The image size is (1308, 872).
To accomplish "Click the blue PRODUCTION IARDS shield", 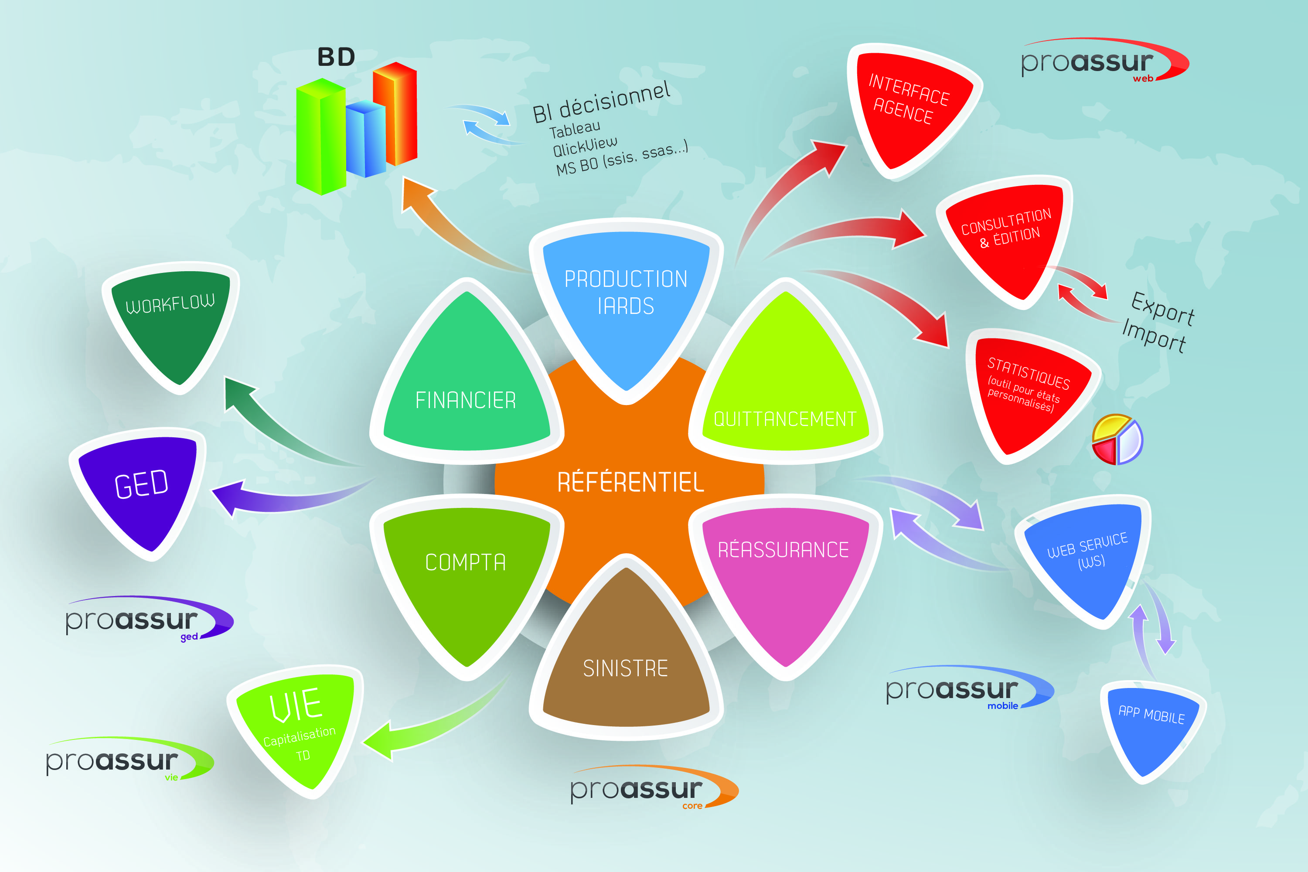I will coord(626,300).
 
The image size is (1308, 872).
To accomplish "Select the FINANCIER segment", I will coord(466,389).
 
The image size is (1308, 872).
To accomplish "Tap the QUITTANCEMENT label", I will coord(785,418).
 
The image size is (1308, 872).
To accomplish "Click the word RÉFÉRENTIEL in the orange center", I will coord(630,482).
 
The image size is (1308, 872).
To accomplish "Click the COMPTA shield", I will coord(466,573).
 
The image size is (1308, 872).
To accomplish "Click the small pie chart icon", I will coord(1117,439).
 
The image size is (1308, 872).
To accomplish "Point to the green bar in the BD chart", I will coord(320,136).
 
